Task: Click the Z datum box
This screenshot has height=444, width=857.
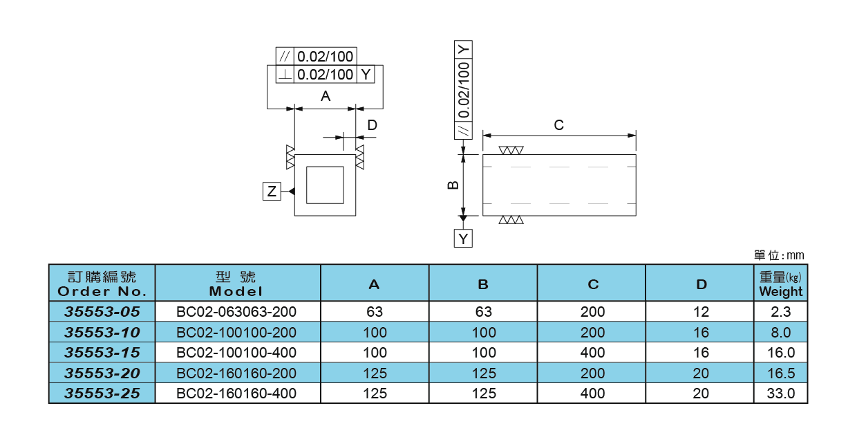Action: point(272,192)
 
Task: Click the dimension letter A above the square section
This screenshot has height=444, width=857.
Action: point(326,97)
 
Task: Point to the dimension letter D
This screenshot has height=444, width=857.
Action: point(372,125)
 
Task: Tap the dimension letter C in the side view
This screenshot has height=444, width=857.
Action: point(559,125)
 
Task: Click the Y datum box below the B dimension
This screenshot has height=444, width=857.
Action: point(464,239)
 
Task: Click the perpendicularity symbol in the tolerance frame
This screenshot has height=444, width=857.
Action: point(285,75)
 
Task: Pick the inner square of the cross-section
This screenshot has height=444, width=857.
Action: point(325,185)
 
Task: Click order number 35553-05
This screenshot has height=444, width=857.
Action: point(102,312)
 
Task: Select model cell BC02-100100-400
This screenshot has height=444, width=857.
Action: point(237,353)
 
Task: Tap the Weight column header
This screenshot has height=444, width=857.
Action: point(780,284)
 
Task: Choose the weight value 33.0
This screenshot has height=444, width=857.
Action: point(780,394)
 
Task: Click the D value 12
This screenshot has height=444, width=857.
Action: point(701,312)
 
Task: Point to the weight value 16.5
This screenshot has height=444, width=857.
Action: point(780,373)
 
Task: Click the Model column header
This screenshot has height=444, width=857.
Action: point(236,284)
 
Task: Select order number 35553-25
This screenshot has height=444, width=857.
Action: point(102,394)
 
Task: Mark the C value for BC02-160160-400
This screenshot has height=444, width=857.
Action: point(592,394)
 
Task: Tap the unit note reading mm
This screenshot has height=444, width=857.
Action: point(780,256)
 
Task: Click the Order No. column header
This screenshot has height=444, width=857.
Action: point(102,284)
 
